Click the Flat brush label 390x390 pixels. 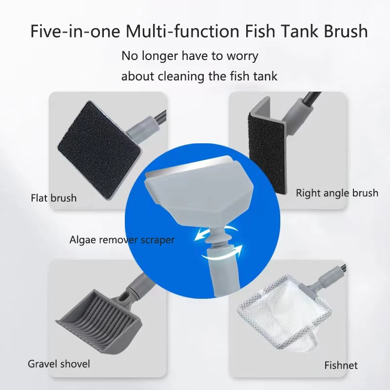click(54, 198)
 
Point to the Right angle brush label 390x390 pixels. click(337, 193)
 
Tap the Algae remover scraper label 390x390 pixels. click(122, 240)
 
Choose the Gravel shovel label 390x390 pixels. click(59, 364)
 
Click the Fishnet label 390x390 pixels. click(341, 365)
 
